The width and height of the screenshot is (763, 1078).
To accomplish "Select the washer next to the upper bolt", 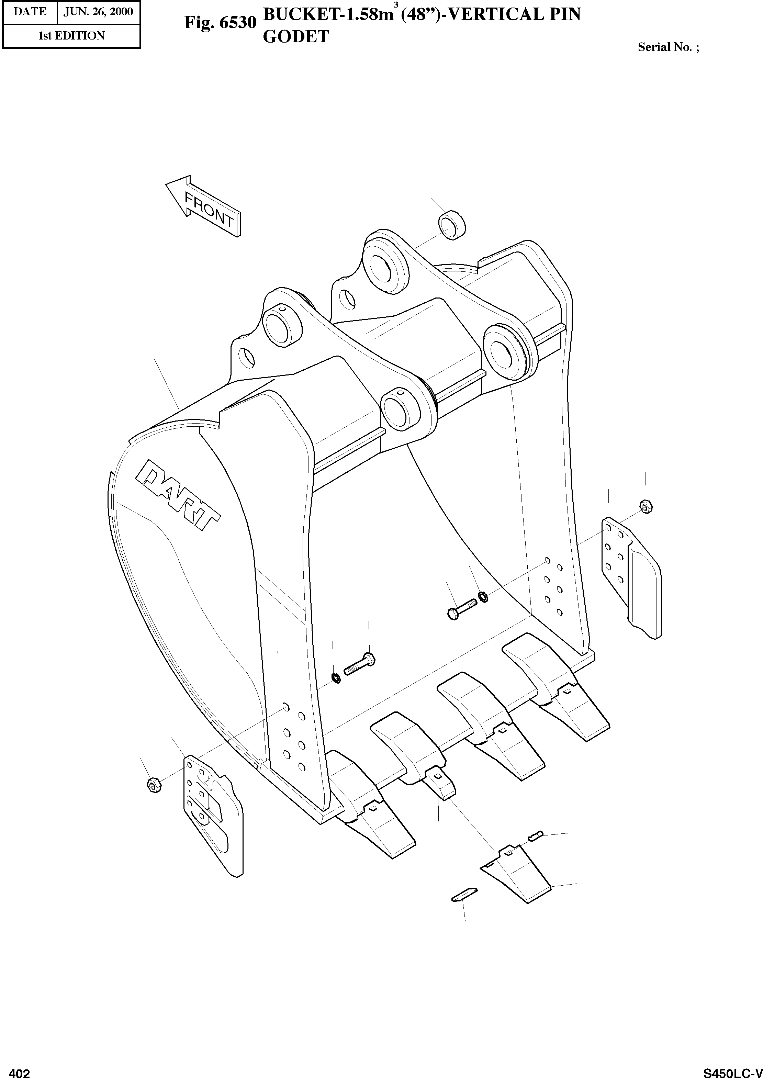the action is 483,597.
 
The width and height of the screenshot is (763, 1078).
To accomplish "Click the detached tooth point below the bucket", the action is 515,873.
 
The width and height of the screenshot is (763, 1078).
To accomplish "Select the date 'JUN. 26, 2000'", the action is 98,12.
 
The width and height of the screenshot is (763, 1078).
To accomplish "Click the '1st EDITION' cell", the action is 71,36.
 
